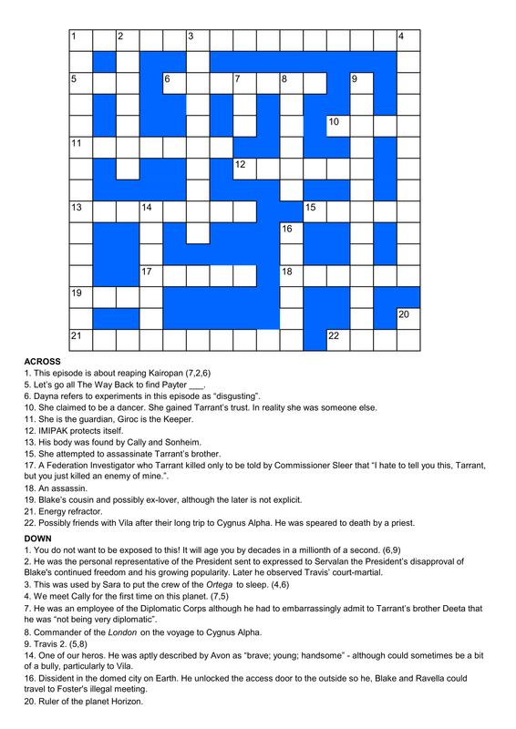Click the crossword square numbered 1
click(81, 39)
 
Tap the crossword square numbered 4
click(408, 39)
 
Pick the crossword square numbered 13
click(81, 210)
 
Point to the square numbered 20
click(408, 316)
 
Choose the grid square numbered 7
click(244, 82)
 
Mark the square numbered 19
click(81, 295)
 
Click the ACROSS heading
click(42, 362)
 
